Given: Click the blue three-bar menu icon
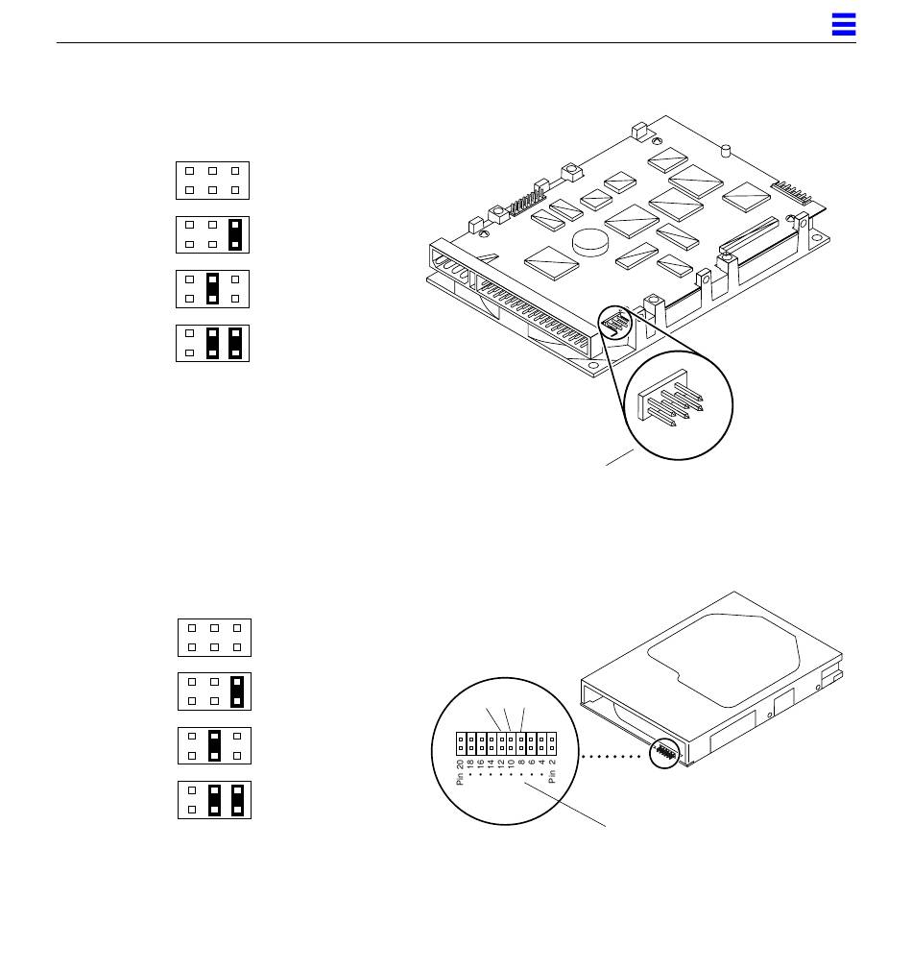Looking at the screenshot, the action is (x=844, y=24).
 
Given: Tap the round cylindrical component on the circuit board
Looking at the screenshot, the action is (x=591, y=242).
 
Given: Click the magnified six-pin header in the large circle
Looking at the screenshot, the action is (x=670, y=399).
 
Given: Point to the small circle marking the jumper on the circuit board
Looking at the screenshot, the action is (x=615, y=323).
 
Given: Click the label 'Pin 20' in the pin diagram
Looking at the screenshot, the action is (x=460, y=773).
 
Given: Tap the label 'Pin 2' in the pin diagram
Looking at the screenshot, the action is (x=552, y=771).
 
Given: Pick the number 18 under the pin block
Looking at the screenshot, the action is (x=470, y=764).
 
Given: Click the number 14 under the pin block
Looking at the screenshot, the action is (x=491, y=764).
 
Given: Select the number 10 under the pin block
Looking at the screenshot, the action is (x=512, y=764).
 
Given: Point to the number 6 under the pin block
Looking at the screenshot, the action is (x=532, y=763).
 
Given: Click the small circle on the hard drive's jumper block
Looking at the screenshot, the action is (x=664, y=753).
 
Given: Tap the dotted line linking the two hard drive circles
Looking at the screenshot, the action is (x=612, y=756).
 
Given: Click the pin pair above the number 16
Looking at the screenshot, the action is (x=481, y=743).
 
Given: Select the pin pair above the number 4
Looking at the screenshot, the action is (x=541, y=743).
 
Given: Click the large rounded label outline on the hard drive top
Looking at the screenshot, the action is (x=724, y=660).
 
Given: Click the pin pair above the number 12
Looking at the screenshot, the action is (x=501, y=743).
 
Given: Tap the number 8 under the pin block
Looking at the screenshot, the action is (x=522, y=763).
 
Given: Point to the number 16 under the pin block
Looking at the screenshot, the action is (x=480, y=764).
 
